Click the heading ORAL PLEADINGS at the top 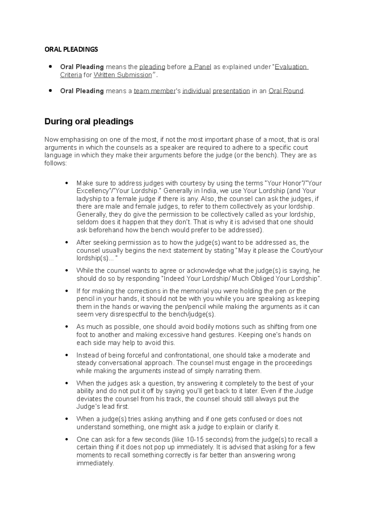click(71, 49)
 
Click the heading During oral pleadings click(89, 122)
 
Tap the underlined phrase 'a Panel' click(200, 67)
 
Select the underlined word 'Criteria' click(71, 75)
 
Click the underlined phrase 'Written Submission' click(123, 75)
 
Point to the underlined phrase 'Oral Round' click(286, 91)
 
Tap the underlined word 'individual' click(196, 91)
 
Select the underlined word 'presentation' click(231, 91)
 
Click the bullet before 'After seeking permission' click(67, 243)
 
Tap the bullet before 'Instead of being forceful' click(67, 355)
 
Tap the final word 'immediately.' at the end click(95, 463)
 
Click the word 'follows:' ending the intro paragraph click(55, 163)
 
